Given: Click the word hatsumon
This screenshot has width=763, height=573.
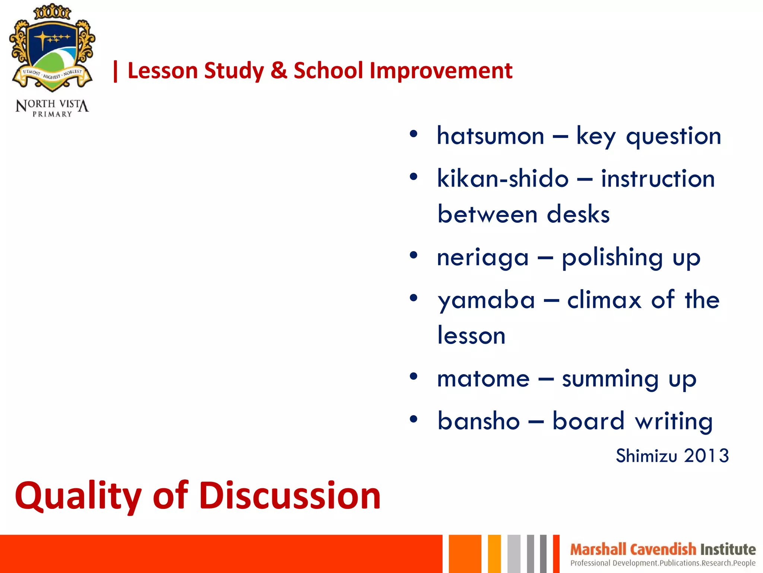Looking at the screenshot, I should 490,136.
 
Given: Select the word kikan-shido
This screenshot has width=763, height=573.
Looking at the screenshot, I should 503,179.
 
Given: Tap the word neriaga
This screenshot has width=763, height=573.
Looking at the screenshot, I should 483,258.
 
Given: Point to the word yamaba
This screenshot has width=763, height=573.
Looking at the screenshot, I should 486,300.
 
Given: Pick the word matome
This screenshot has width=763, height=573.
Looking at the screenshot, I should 483,379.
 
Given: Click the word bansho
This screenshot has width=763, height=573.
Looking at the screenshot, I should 479,421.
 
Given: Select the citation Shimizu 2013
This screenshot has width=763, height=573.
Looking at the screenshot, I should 672,456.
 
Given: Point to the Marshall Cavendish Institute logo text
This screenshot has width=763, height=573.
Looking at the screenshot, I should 663,549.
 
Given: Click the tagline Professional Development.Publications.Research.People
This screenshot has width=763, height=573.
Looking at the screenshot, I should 663,563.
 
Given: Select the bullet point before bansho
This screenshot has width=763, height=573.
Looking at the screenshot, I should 413,419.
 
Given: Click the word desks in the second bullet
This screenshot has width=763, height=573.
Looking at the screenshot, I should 578,215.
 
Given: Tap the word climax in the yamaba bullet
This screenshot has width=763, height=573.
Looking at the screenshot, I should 604,300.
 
